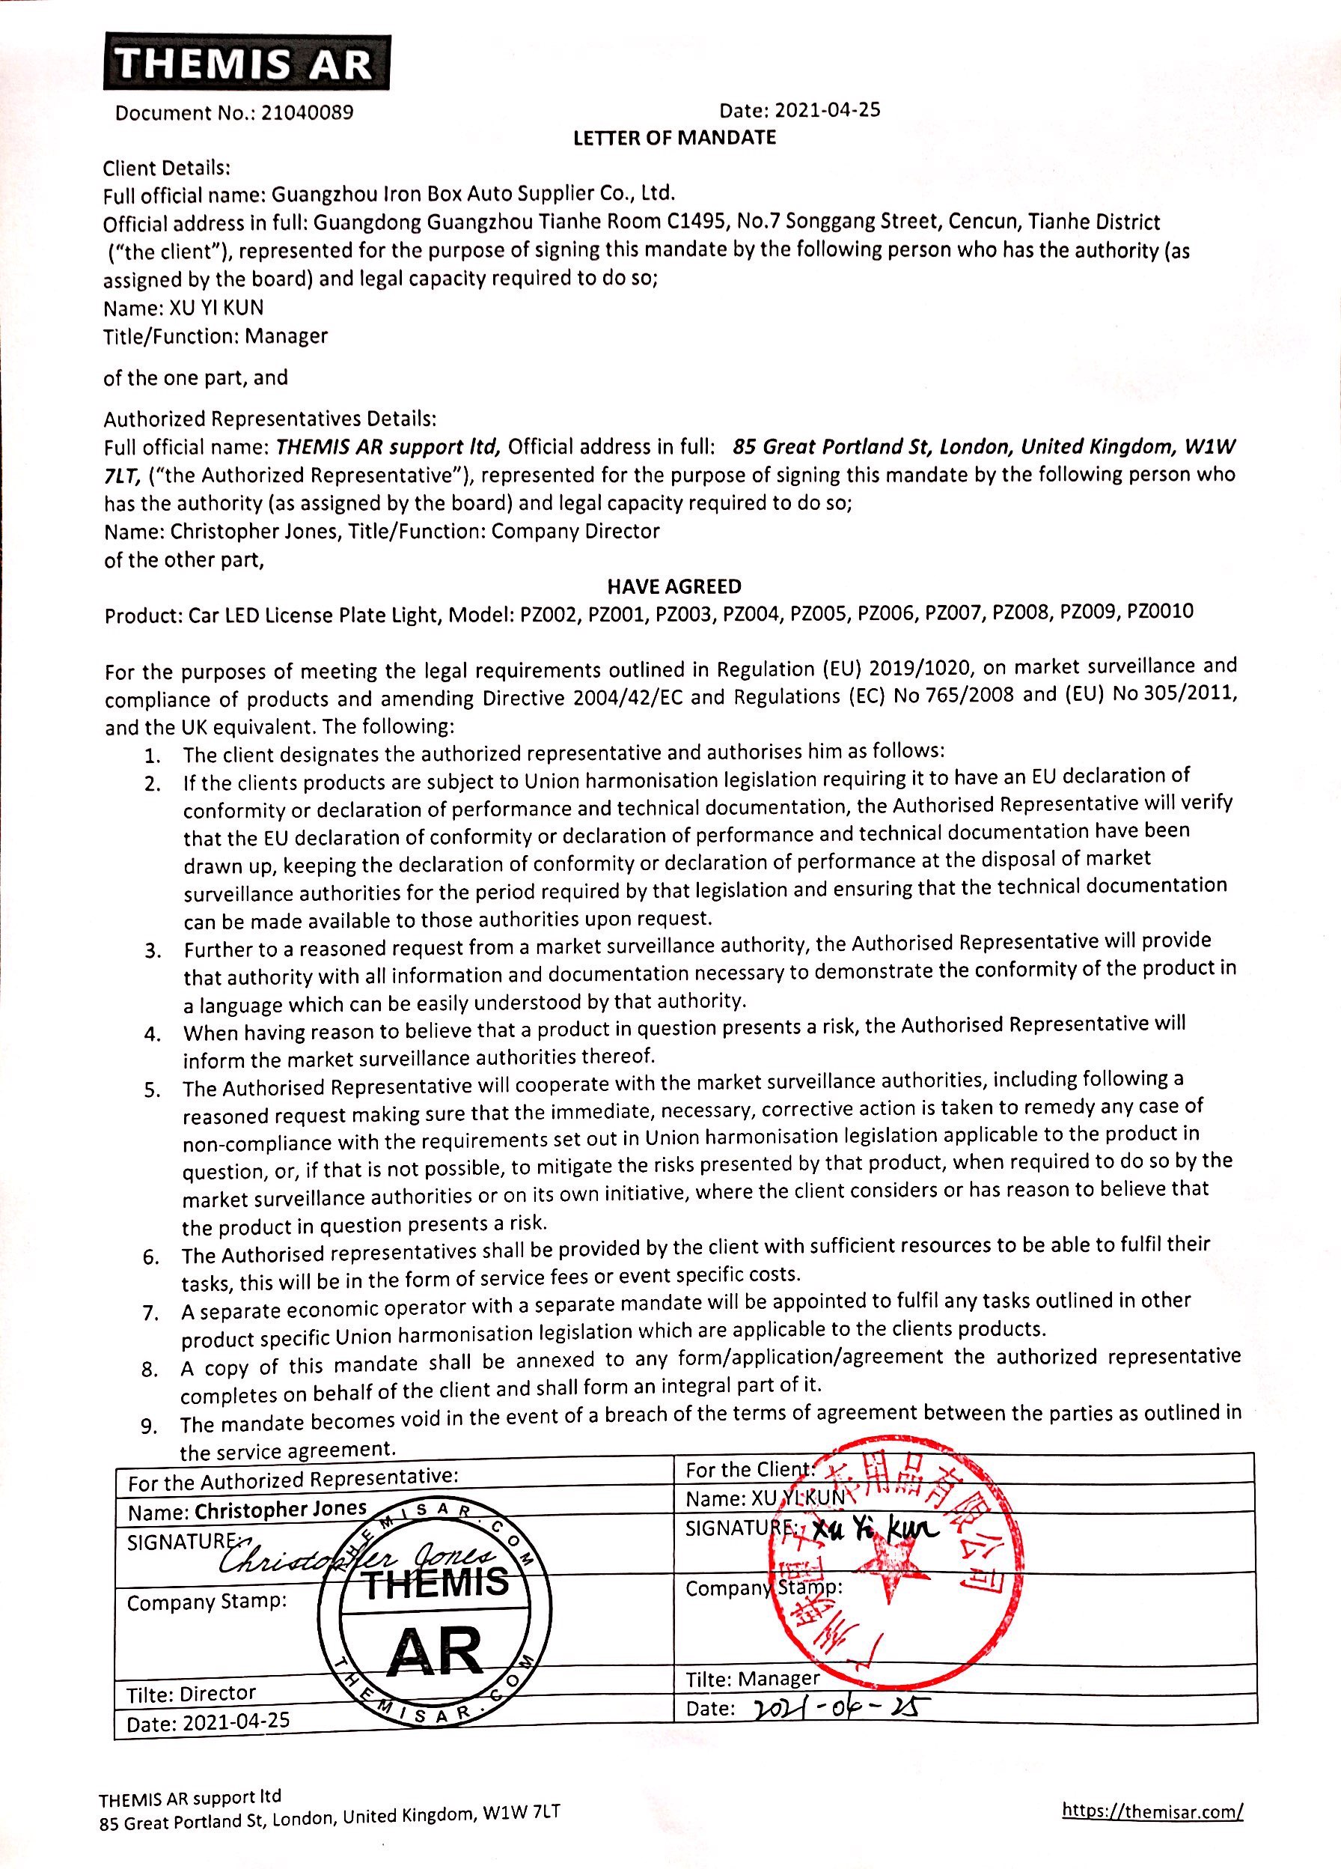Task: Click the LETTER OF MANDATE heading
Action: click(673, 138)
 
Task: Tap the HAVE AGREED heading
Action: click(673, 587)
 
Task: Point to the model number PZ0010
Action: click(1159, 613)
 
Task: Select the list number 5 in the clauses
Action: click(152, 1090)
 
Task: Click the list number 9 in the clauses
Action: click(149, 1426)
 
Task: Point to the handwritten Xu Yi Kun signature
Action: click(875, 1531)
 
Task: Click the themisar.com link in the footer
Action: click(1152, 1811)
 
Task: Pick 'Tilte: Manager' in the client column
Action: click(752, 1679)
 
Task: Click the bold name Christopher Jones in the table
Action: click(280, 1509)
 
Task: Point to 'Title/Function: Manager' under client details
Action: click(216, 336)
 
